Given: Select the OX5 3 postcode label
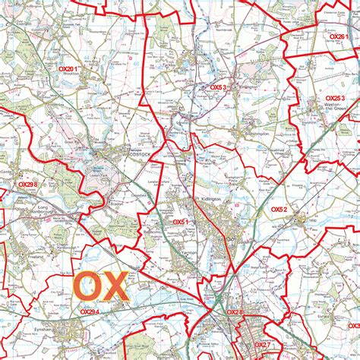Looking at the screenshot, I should tap(219, 87).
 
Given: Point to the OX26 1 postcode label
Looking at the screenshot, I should tap(338, 36).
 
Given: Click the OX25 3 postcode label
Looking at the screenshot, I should tap(335, 99).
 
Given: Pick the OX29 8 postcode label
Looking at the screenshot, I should tap(28, 185).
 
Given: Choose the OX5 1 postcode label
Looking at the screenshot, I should tap(180, 222).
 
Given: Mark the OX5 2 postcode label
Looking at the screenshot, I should tap(279, 209).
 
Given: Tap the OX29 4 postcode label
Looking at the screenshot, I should tap(90, 311).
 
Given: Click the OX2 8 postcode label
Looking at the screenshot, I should tap(234, 312).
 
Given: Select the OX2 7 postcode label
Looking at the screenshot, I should tap(262, 344).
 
